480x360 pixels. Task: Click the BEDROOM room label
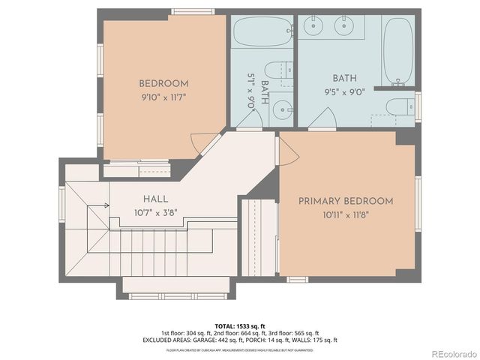coord(163,84)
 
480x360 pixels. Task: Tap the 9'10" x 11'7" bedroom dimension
coord(163,97)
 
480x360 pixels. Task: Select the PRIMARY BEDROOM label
coord(346,201)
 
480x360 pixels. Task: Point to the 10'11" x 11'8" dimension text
coord(346,214)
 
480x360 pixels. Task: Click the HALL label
coord(156,199)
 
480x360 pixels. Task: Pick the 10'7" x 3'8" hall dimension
coord(156,213)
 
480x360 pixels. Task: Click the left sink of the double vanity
coord(313,27)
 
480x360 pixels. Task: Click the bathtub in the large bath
coord(398,50)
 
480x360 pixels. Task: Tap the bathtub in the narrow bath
coord(262,32)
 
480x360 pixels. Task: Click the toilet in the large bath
coord(397,106)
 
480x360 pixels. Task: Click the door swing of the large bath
coord(324,118)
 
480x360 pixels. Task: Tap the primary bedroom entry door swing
coord(288,152)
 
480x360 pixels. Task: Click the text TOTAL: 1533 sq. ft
coord(240,325)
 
